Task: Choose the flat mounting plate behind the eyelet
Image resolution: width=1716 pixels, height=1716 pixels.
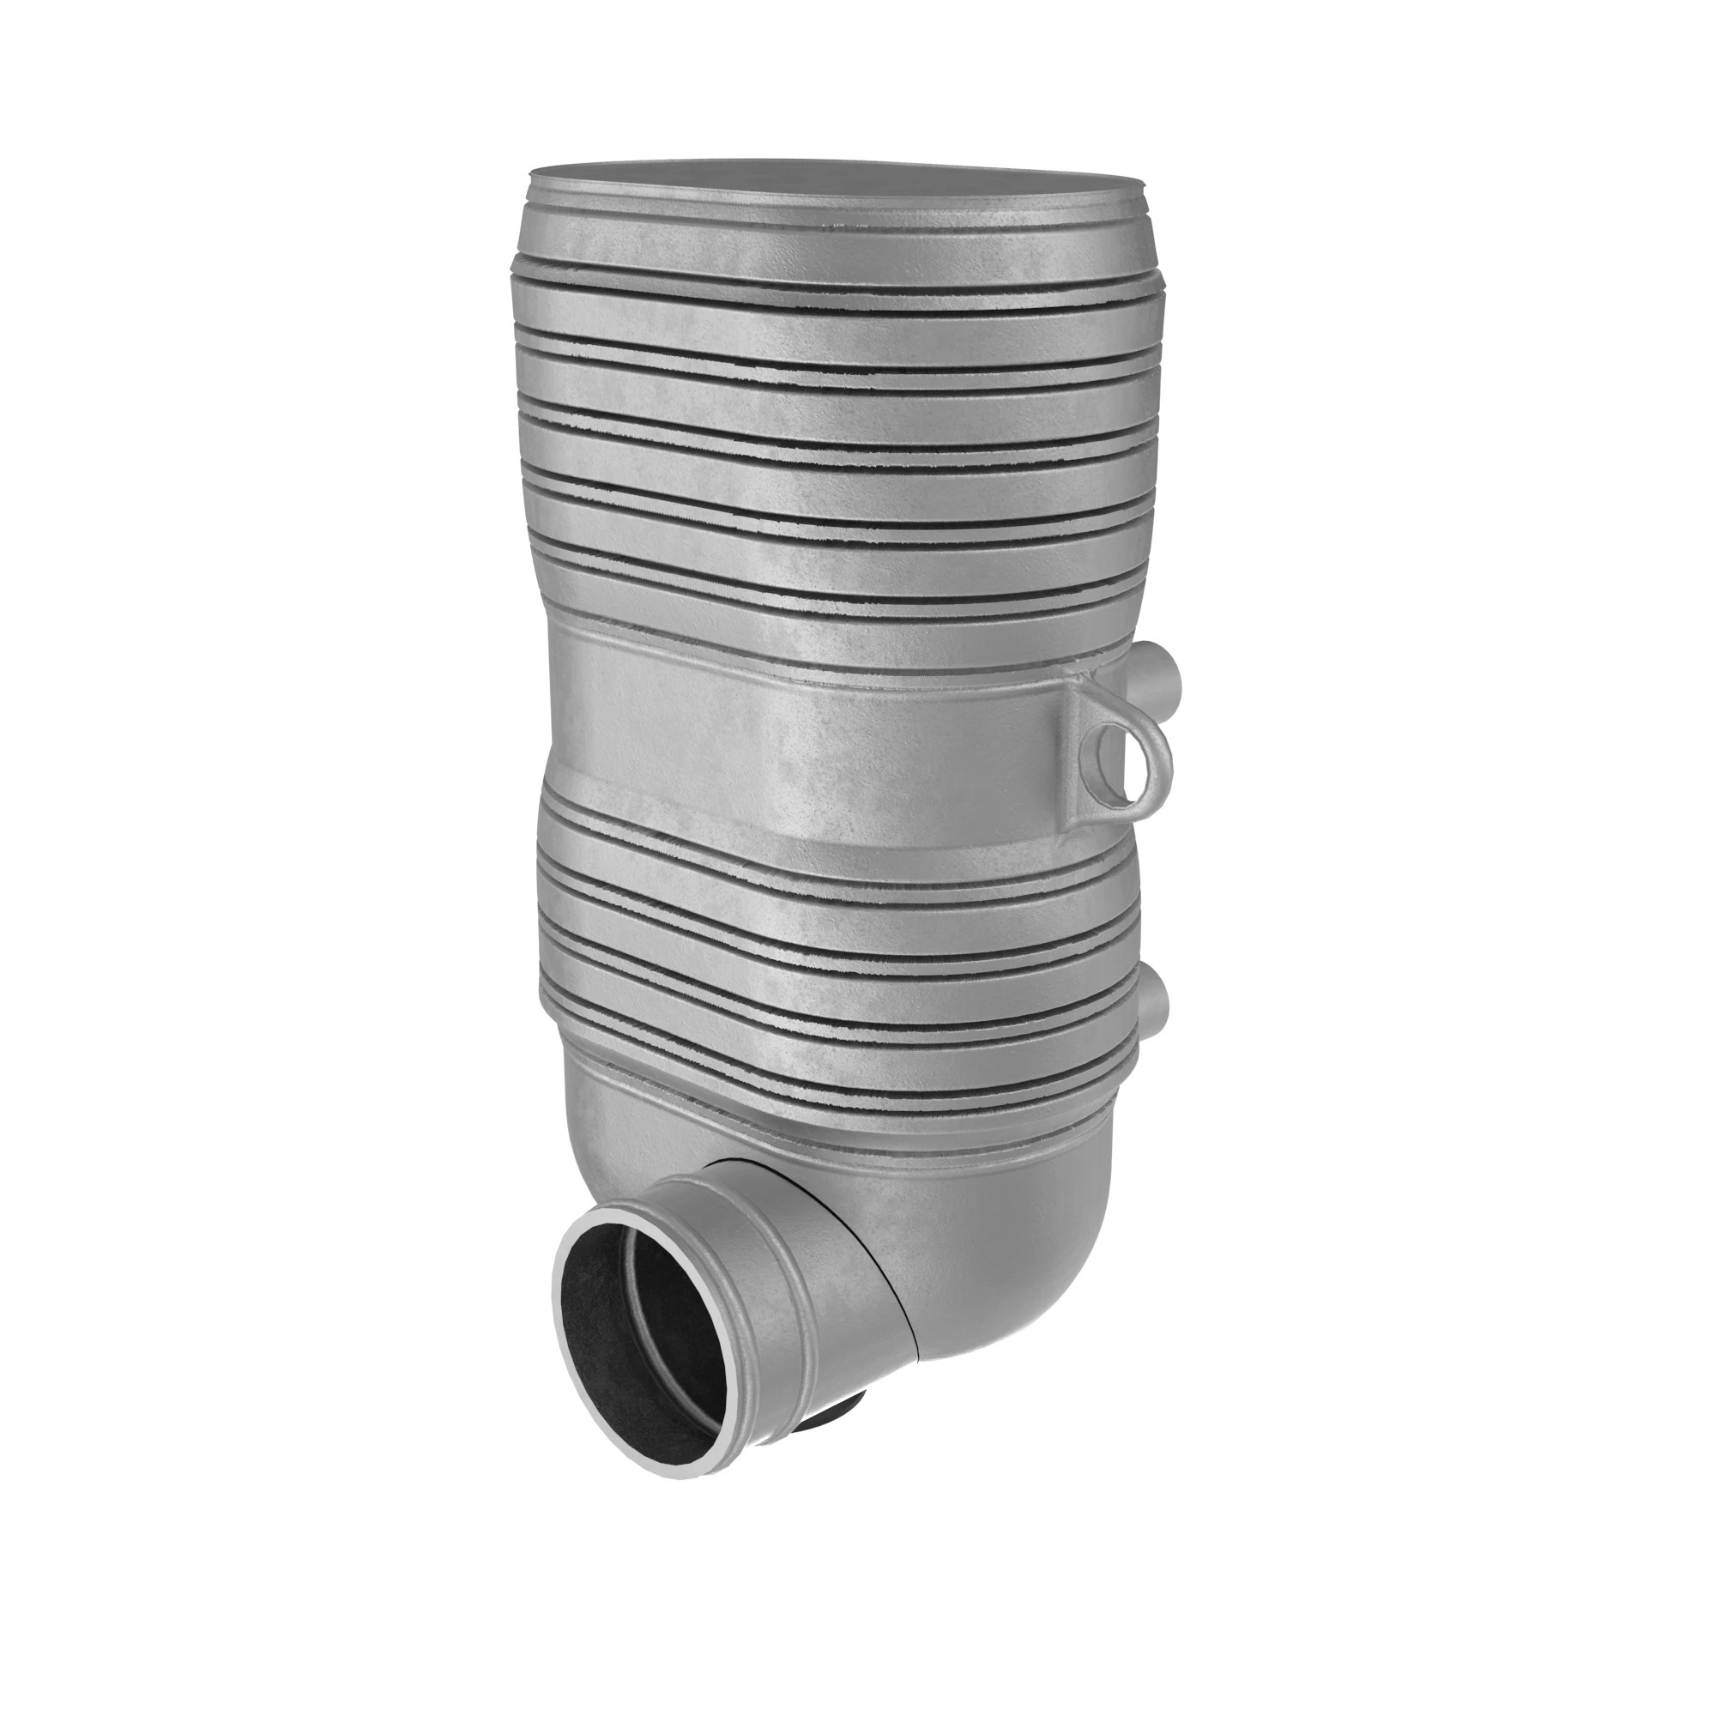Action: [1079, 755]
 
